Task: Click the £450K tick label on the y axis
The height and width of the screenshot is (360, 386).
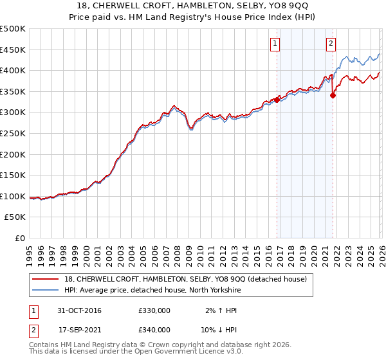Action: click(13, 50)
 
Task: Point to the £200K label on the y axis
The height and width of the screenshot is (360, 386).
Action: click(13, 154)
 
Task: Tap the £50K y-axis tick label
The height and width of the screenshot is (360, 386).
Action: click(15, 217)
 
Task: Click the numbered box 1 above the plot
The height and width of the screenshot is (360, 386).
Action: click(275, 44)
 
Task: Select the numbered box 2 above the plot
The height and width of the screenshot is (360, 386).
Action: click(331, 44)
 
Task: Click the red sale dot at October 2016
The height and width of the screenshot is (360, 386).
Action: click(277, 100)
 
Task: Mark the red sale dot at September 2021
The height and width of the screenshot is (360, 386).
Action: click(333, 96)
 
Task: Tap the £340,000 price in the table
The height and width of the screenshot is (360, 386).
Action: click(154, 330)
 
